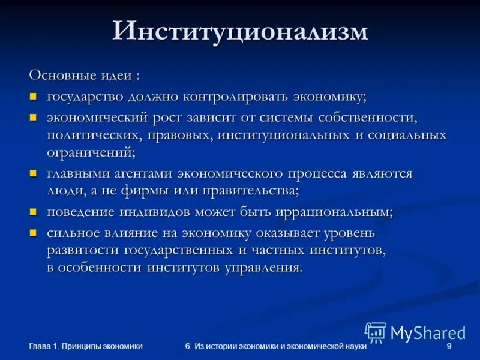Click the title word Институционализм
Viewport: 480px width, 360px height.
[240, 32]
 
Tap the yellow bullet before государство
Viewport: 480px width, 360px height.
[34, 96]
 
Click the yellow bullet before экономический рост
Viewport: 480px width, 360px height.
[34, 116]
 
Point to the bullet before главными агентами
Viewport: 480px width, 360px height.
[34, 173]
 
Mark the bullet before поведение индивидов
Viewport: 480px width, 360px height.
[34, 212]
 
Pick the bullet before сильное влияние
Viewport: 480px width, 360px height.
[34, 232]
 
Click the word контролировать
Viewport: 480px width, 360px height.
[238, 97]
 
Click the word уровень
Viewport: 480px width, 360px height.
[346, 232]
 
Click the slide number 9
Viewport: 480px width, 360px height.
[449, 346]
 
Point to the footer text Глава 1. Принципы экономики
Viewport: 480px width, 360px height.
[86, 346]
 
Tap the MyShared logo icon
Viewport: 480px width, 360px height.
[376, 332]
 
